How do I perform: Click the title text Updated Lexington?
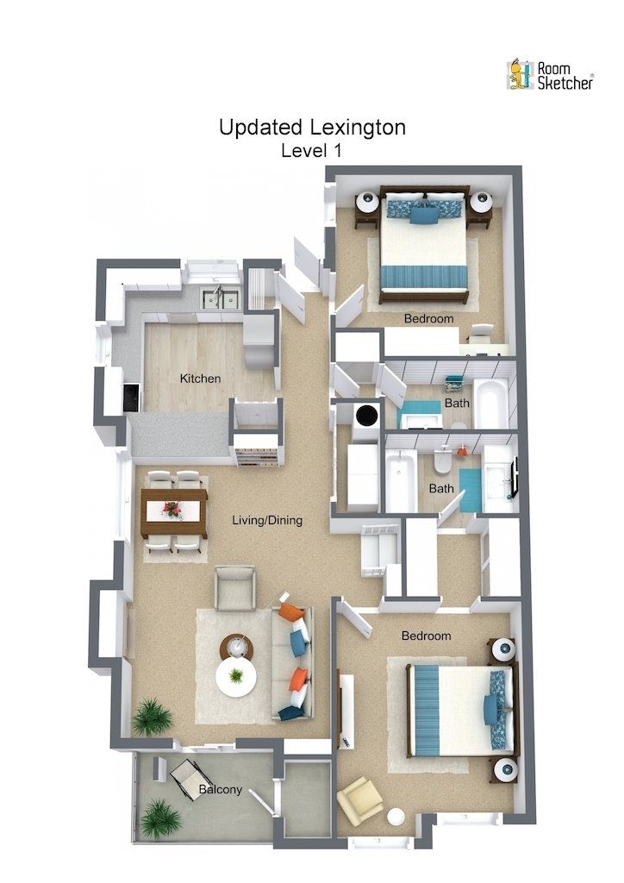tap(312, 128)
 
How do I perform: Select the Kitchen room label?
tap(200, 379)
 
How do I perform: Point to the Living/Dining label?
tap(267, 521)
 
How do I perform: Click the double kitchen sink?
tap(221, 298)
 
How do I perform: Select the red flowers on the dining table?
tap(173, 510)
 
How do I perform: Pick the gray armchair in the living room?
tap(234, 588)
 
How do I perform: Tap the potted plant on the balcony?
tap(159, 817)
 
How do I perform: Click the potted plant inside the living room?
tap(152, 717)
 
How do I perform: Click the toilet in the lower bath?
tap(442, 463)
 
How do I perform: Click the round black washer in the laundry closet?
tap(368, 414)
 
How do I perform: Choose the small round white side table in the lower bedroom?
tap(396, 817)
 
